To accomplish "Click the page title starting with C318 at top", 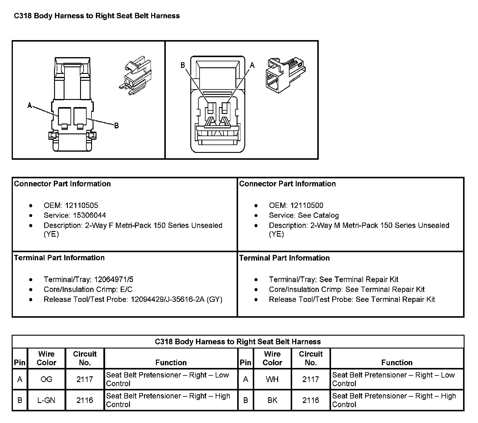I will coord(97,16).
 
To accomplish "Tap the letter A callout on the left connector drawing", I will coord(30,105).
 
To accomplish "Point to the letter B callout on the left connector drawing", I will coord(117,126).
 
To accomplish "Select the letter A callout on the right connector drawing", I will coord(252,65).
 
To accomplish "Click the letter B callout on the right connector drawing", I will coord(183,65).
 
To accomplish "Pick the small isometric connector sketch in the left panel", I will coord(135,77).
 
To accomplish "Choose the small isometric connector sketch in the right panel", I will coord(285,75).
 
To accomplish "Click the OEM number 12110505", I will coord(82,206).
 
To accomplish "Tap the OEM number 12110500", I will coord(307,206).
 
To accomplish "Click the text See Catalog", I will coord(318,215).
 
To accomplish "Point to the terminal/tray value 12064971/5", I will coord(114,279).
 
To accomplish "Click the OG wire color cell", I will coord(46,379).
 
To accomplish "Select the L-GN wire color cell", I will coord(46,400).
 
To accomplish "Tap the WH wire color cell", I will coord(272,379).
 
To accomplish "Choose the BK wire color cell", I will coord(272,400).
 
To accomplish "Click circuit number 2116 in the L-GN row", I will coord(85,400).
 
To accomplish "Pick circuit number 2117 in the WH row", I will coord(311,379).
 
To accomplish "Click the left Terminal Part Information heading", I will coord(59,258).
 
